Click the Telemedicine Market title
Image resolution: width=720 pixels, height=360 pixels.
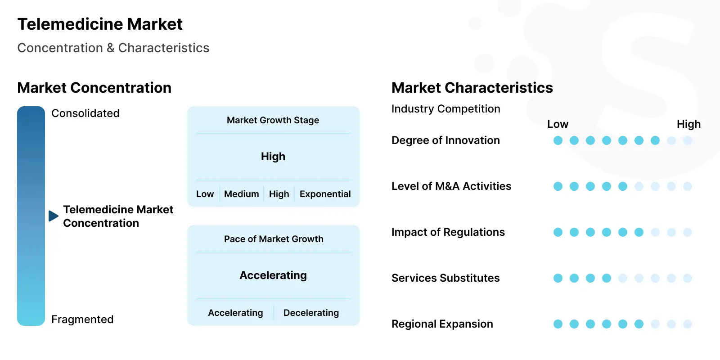pos(100,24)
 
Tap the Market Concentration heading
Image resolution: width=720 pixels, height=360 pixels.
pos(94,88)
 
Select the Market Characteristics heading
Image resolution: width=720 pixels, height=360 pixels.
pos(472,88)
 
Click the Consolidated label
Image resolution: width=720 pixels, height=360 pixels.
pos(85,113)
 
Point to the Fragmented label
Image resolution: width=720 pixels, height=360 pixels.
pos(82,319)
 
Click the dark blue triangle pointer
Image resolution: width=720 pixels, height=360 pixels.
pos(54,216)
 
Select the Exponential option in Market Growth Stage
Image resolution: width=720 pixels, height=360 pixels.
pos(325,194)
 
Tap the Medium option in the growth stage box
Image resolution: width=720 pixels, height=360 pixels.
pos(241,194)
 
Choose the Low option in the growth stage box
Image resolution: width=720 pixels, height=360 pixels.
pos(205,194)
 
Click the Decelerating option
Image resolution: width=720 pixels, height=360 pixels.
pos(311,313)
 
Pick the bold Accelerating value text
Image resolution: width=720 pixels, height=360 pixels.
pos(273,275)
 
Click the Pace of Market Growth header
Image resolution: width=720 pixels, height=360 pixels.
pos(274,239)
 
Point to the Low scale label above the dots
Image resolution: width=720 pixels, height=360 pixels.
pos(558,124)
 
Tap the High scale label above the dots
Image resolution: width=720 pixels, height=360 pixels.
pos(688,124)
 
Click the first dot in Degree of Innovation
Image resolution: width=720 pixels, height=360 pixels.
pos(558,140)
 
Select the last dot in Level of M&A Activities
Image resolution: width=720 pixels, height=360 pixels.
pos(688,186)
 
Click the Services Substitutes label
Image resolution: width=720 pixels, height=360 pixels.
pos(445,278)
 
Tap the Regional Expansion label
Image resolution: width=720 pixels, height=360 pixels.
pos(442,324)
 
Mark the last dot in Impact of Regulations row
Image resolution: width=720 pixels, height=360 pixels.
pos(688,232)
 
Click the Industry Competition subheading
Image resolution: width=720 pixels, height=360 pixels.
pos(446,109)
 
